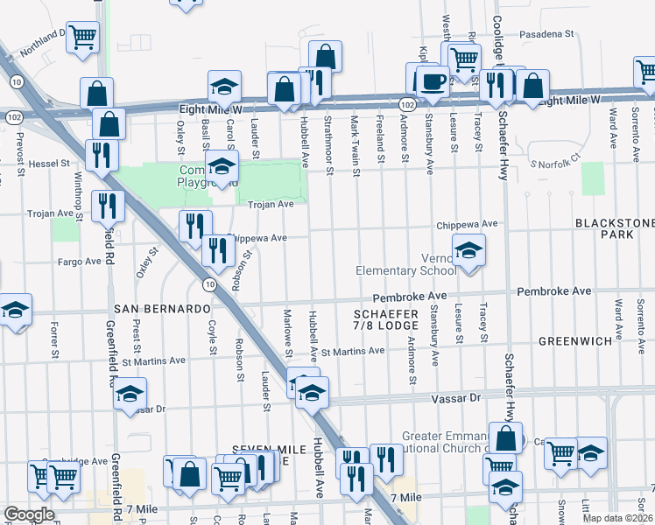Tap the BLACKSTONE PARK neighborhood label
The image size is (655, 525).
click(x=614, y=229)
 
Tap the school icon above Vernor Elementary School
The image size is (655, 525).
click(x=469, y=252)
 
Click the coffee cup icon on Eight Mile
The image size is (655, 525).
click(x=430, y=80)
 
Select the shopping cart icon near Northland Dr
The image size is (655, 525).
click(x=82, y=38)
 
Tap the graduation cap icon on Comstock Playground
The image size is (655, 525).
click(x=222, y=165)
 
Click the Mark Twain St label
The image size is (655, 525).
click(x=356, y=131)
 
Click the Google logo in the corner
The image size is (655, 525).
click(x=29, y=514)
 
